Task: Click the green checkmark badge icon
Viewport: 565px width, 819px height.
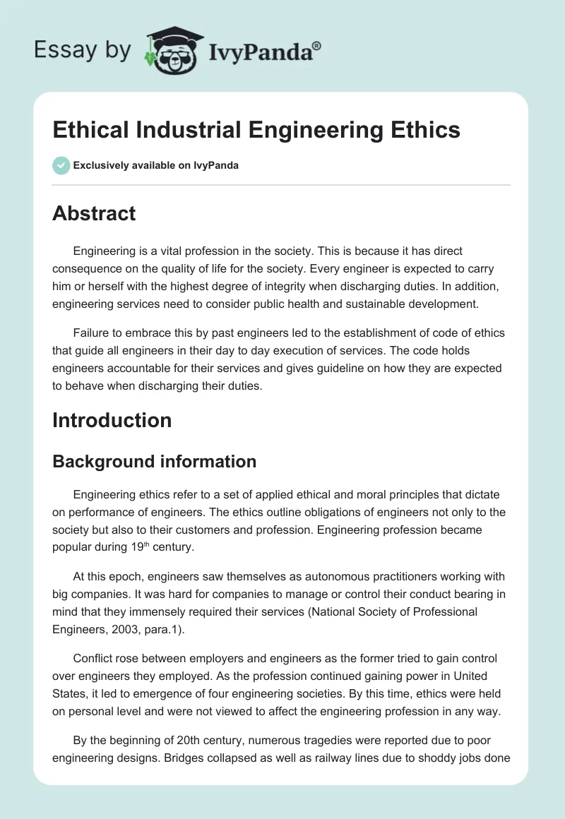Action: pyautogui.click(x=61, y=165)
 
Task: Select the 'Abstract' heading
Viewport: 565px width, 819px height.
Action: pyautogui.click(x=94, y=214)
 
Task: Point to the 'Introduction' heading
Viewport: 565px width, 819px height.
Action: pyautogui.click(x=112, y=420)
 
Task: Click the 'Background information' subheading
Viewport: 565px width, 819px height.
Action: pyautogui.click(x=154, y=461)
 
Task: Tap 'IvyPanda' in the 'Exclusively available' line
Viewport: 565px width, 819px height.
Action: pyautogui.click(x=217, y=166)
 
